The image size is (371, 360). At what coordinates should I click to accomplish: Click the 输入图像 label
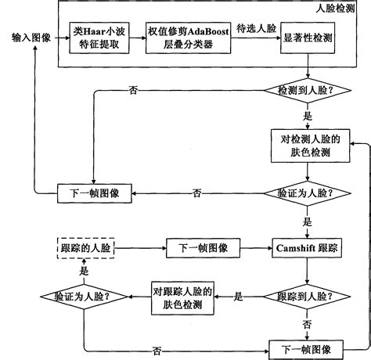32,37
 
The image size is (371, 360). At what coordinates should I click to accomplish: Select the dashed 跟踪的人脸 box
85,248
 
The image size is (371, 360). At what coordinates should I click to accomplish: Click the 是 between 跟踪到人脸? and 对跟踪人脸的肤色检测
239,297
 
